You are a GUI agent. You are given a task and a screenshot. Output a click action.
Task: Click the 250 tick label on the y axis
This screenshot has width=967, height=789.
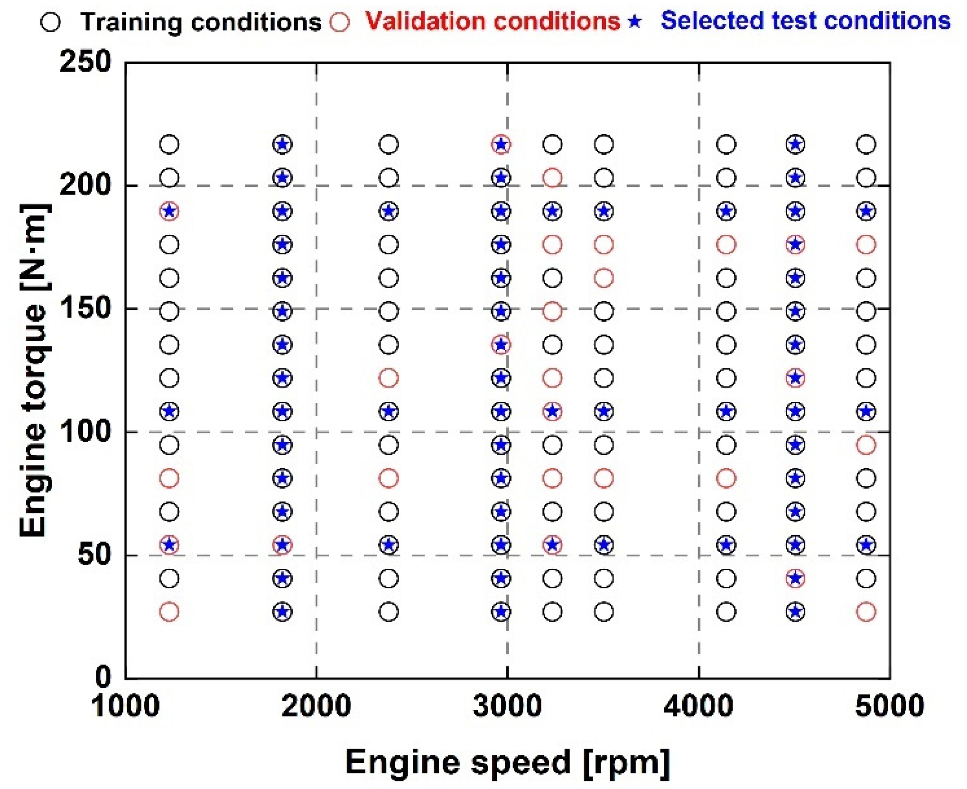[85, 62]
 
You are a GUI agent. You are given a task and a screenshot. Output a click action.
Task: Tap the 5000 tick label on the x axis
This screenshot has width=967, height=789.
[889, 705]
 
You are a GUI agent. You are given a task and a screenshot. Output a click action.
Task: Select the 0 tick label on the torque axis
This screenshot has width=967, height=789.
[103, 677]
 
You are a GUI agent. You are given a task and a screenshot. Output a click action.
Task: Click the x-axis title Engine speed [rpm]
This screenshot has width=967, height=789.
[507, 763]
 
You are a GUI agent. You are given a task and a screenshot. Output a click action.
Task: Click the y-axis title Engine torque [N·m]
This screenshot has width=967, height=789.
[33, 370]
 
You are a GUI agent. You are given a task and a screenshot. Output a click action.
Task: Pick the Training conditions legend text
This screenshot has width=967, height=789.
[201, 22]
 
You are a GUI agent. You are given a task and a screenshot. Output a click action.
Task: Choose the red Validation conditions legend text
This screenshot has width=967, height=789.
[493, 21]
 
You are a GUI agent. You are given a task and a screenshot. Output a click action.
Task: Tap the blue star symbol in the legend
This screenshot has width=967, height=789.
[634, 22]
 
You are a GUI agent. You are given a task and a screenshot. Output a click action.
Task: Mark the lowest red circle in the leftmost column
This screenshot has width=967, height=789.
[169, 612]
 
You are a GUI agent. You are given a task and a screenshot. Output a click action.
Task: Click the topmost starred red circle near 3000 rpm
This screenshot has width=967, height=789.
[501, 144]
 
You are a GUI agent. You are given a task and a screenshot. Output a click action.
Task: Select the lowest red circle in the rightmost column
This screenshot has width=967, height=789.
[866, 612]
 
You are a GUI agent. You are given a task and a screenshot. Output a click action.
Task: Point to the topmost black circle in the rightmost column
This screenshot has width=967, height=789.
[866, 144]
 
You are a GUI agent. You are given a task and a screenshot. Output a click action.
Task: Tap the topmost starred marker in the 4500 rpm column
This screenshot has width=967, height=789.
[795, 144]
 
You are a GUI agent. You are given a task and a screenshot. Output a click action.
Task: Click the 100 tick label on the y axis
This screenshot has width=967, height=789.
[85, 431]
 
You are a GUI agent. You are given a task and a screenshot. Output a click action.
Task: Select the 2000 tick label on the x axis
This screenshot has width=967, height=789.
[316, 705]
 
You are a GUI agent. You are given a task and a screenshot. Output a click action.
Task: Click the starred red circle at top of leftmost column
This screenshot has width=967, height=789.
[169, 211]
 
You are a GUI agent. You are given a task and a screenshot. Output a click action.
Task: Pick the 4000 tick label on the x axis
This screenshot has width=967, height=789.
[698, 705]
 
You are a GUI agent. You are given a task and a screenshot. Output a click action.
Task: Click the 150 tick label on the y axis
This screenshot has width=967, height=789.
[85, 308]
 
